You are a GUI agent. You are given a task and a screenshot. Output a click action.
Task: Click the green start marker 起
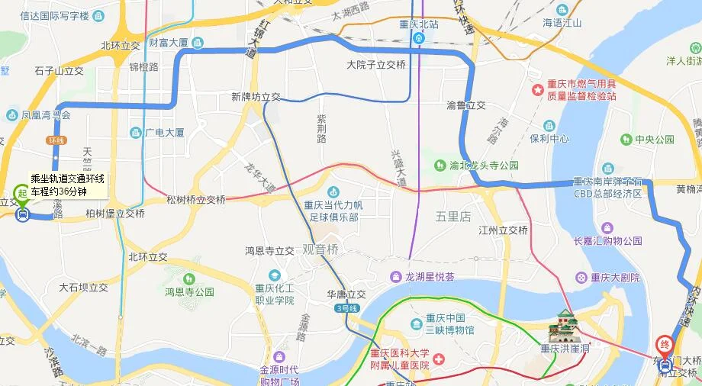tap(22, 193)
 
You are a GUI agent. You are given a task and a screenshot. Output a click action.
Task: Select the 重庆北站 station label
tap(419, 24)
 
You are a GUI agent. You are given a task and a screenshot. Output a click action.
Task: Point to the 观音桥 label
tap(320, 249)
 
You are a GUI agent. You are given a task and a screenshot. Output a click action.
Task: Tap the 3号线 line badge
tap(345, 308)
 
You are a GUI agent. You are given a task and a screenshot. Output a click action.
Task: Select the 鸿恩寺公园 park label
tap(189, 291)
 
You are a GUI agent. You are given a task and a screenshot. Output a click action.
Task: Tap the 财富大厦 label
tap(169, 43)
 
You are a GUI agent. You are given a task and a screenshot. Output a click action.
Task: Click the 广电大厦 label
tap(164, 132)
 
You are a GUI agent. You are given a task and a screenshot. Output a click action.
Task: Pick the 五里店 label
tap(453, 216)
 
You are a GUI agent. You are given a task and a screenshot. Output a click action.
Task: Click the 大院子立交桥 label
tap(376, 65)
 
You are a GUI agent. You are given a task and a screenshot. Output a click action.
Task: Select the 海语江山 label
tap(562, 23)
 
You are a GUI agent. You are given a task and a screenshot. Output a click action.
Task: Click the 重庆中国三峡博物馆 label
tap(449, 324)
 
